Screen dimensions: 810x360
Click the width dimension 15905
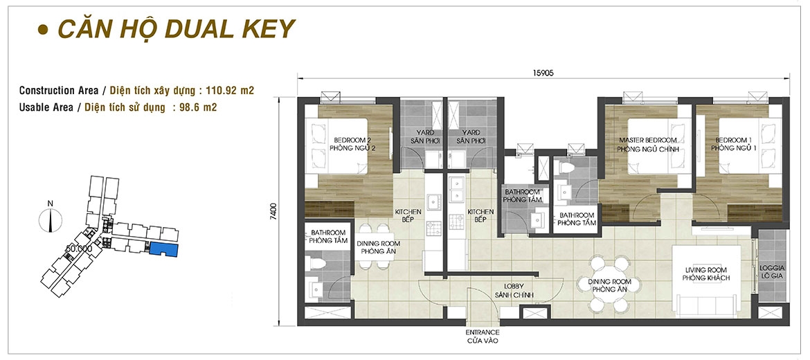(543, 73)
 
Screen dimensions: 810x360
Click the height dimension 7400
(273, 211)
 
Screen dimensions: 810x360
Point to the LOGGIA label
(773, 269)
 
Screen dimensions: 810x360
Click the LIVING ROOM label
(705, 270)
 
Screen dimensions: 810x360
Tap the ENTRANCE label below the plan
(482, 332)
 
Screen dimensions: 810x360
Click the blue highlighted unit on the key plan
(164, 249)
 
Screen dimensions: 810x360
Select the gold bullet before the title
(43, 30)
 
